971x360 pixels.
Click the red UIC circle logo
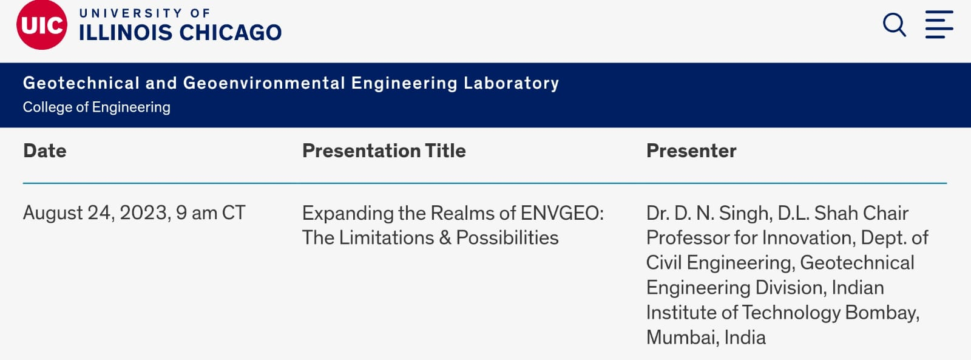(41, 25)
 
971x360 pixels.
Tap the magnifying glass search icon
(894, 25)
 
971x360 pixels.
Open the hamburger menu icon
(939, 25)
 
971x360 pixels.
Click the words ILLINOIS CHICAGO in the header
(180, 33)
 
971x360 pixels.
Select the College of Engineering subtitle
(96, 107)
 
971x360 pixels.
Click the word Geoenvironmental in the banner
(264, 83)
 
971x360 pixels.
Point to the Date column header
(45, 151)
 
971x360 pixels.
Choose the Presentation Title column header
(384, 151)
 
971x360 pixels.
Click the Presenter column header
(691, 151)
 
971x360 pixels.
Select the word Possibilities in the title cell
(507, 238)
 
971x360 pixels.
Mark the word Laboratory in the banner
(511, 83)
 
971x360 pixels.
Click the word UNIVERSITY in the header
(130, 13)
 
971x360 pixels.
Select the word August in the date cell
(53, 213)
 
